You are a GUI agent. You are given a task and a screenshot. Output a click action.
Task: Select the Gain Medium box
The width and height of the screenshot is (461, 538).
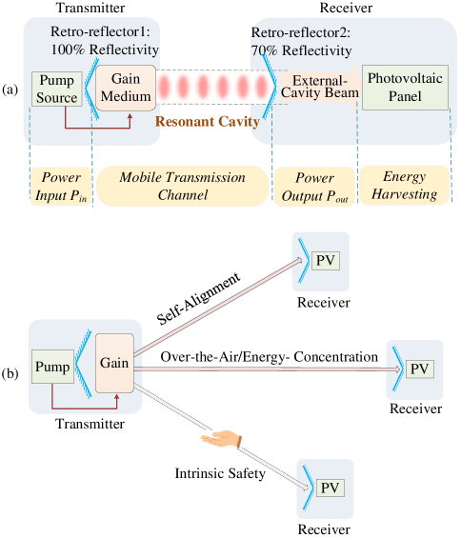coord(126,88)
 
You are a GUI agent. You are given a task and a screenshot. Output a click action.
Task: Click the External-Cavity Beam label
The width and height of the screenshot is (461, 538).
coord(319,88)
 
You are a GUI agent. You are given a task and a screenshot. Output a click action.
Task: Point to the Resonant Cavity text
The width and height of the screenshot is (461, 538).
coord(208,122)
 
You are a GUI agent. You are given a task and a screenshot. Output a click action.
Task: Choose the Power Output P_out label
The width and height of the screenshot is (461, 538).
coord(313,186)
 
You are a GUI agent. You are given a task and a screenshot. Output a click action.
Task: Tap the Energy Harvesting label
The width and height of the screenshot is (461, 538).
coord(404,186)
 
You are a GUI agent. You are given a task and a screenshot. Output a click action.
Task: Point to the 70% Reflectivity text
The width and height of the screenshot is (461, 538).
coord(302,50)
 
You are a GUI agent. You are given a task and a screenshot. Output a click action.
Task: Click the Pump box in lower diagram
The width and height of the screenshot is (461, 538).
coord(52,367)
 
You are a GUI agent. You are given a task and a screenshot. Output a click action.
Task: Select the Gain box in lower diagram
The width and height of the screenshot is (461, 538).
coord(114,363)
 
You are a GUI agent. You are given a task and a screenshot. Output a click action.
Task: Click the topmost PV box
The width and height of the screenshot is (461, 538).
coord(327,261)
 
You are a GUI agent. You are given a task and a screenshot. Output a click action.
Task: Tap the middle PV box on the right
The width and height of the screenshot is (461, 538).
coord(419,369)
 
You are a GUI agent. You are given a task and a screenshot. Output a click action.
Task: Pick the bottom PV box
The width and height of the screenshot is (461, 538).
coord(330,488)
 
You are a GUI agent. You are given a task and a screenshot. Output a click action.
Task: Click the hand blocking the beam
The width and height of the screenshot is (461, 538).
coord(221,438)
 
